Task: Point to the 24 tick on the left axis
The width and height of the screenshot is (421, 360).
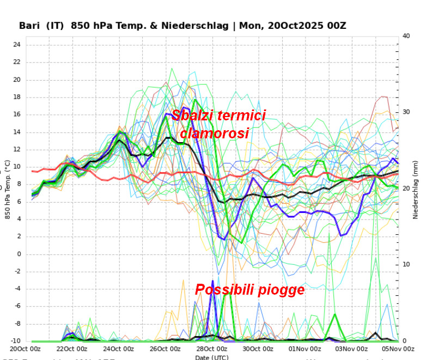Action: (16, 45)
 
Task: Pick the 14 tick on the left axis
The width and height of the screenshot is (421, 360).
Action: (16, 132)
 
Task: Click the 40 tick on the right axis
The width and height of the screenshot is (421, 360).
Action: (406, 36)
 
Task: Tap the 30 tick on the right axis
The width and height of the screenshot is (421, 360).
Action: (406, 112)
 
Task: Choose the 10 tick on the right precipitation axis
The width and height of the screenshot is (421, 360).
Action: (406, 265)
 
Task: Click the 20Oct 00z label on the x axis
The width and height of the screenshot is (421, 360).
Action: (26, 349)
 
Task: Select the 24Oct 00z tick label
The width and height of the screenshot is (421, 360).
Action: (119, 349)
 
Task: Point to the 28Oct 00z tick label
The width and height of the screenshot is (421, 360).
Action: (212, 349)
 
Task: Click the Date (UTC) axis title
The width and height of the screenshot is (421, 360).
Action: (212, 357)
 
